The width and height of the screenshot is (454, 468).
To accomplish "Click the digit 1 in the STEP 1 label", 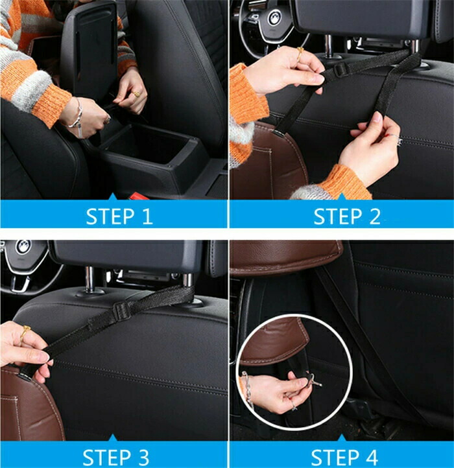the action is pos(147,216).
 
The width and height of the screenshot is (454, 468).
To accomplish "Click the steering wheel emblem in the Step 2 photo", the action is pos(274,18).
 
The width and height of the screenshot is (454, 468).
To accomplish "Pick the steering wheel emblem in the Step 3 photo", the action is pos(23,247).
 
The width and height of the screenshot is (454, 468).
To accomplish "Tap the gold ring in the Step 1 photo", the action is pos(137,95).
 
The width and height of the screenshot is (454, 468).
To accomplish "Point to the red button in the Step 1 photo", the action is pos(138,196).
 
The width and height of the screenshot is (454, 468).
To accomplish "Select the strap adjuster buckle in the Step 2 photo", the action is pos(340,70).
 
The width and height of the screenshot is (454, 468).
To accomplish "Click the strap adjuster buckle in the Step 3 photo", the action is pos(121,310).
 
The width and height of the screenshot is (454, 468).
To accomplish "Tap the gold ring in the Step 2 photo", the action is pos(300,53).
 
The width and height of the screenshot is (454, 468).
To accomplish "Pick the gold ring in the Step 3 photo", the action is pos(25,332).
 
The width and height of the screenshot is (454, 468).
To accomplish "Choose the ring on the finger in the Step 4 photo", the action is pos(294,406).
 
